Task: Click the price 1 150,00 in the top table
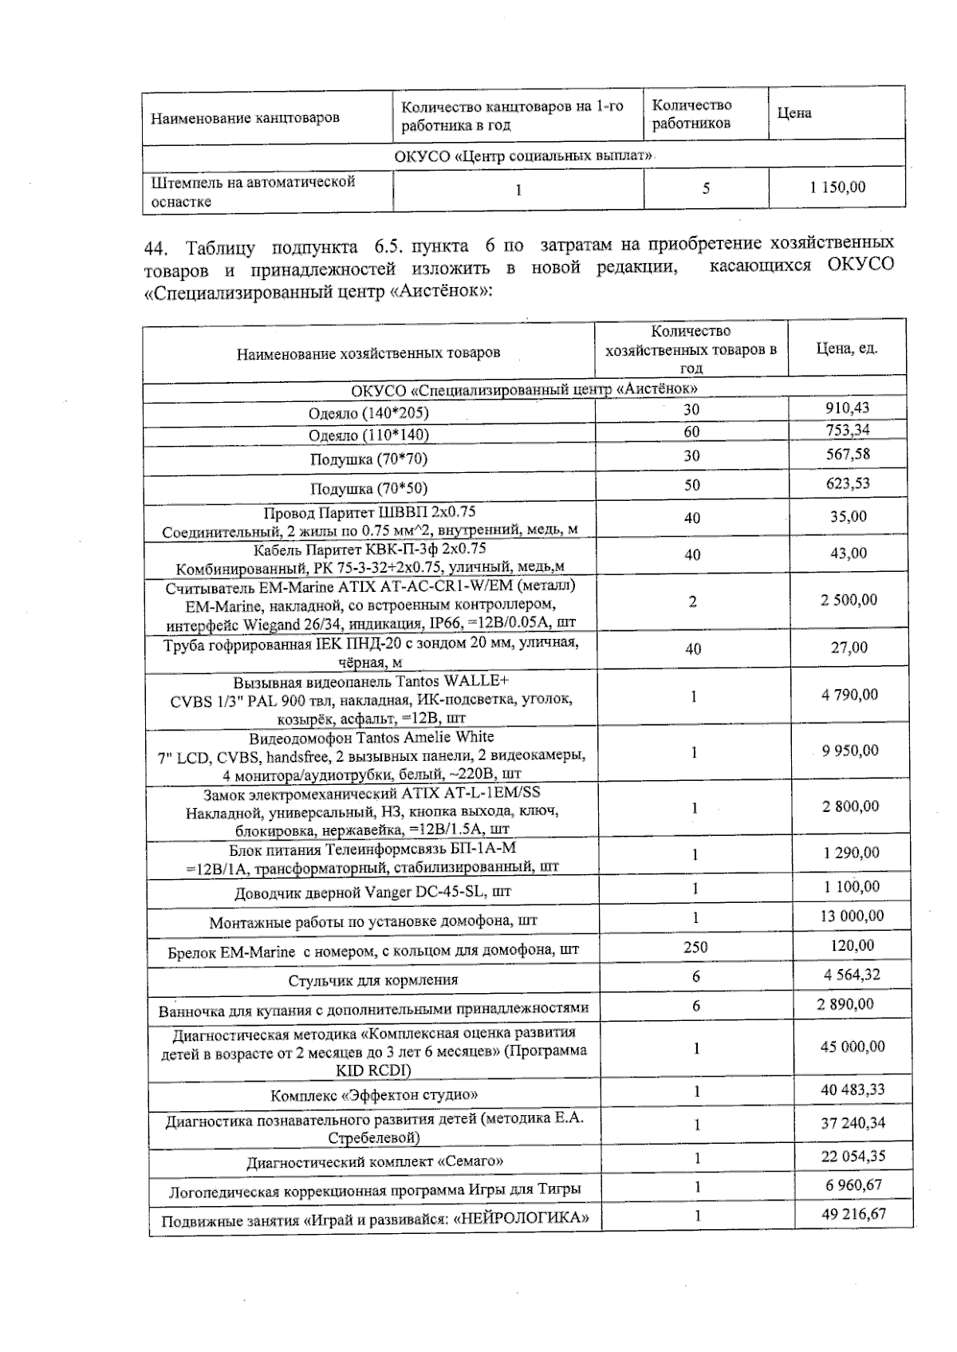pos(837,187)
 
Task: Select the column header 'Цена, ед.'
pos(846,349)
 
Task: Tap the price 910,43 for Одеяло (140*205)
pos(847,408)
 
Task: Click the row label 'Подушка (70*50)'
pos(368,488)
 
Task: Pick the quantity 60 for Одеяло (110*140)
pos(691,432)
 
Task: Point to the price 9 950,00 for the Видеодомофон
pos(849,750)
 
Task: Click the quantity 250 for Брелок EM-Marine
pos(695,947)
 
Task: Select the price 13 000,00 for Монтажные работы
pos(852,916)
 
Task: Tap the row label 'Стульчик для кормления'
pos(372,980)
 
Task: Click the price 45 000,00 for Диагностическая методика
pos(852,1047)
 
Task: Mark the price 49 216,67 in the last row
pos(853,1214)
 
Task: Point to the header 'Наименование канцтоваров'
pos(245,118)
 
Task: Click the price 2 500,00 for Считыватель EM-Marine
pos(849,600)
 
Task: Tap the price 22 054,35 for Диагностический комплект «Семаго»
pos(853,1156)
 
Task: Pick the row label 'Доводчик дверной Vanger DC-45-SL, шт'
pos(372,892)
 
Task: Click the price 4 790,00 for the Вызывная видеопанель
pos(849,694)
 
